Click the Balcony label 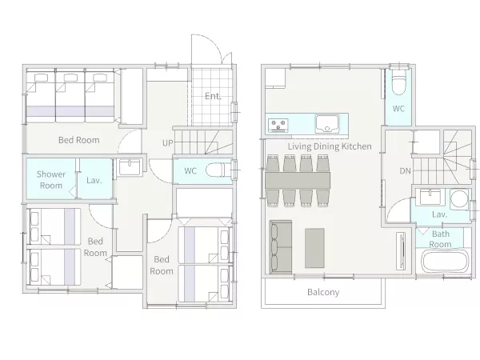click(323, 292)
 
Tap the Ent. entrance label click(213, 96)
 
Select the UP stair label click(167, 143)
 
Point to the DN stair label click(406, 171)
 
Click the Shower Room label click(51, 180)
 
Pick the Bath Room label click(441, 239)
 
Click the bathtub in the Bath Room click(446, 261)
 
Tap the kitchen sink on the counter click(327, 124)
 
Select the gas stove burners click(278, 126)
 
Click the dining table click(298, 180)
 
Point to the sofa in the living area click(281, 246)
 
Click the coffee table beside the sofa click(314, 248)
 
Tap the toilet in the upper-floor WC click(399, 83)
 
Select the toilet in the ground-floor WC click(218, 170)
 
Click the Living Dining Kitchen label click(330, 146)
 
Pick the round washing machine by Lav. click(459, 199)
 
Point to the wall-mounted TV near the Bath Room click(401, 251)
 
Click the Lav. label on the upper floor click(439, 214)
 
